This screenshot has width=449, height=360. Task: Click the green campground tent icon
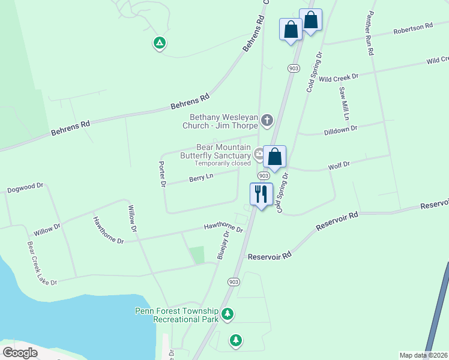[x=159, y=43]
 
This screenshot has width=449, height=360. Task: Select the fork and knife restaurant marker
[x=261, y=194]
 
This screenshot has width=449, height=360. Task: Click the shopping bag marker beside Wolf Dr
[x=275, y=157]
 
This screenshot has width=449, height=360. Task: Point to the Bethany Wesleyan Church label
[x=223, y=122]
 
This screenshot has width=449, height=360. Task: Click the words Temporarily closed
[x=222, y=163]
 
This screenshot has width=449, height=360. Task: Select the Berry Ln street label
[x=201, y=178]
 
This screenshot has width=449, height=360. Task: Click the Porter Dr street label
[x=161, y=174]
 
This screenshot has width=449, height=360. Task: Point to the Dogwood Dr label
[x=25, y=188]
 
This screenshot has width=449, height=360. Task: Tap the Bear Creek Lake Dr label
[x=41, y=263]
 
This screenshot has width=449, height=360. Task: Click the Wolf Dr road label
[x=339, y=165]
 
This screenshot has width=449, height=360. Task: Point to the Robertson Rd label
[x=413, y=28]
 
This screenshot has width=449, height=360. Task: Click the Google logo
[x=20, y=353]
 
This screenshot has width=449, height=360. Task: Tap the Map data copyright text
[x=423, y=355]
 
